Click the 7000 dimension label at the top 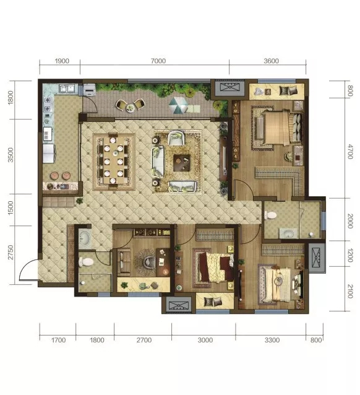(158, 61)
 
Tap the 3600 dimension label (271, 61)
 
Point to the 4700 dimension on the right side (349, 152)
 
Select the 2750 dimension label (11, 252)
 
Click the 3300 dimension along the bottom (272, 340)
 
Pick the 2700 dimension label (144, 340)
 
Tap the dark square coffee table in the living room (181, 163)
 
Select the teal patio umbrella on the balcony (178, 105)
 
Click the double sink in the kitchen (67, 89)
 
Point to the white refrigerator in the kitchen (49, 153)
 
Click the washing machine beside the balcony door (89, 90)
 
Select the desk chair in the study (149, 263)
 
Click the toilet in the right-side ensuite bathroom (270, 215)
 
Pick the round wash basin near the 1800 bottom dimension (84, 238)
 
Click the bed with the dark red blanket (216, 267)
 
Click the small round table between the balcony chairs (131, 108)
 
